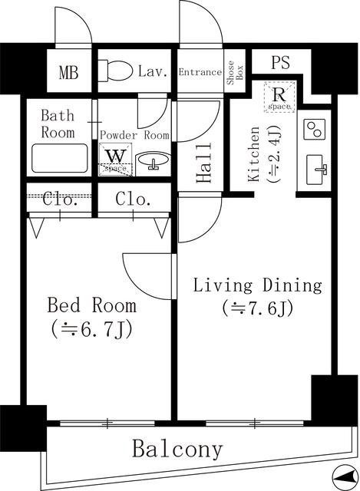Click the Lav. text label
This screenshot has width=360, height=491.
[154, 72]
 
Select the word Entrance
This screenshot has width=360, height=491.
[200, 72]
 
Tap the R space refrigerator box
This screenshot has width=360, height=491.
[279, 97]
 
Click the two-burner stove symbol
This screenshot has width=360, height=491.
[315, 128]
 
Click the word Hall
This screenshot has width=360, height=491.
[203, 168]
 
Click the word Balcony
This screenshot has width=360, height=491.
[177, 449]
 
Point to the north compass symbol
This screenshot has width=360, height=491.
[343, 475]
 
